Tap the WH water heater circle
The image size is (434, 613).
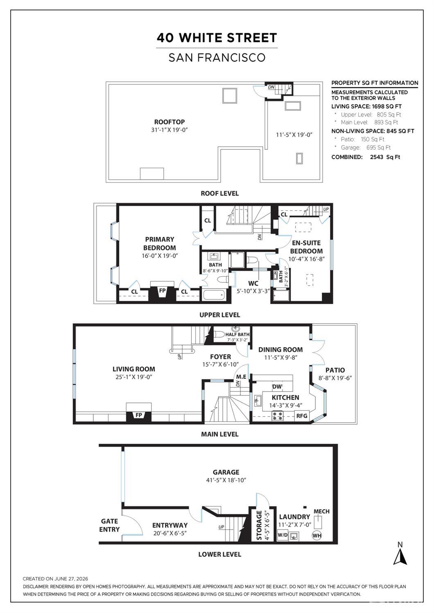coord(317,536)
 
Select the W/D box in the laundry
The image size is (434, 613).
coord(283,535)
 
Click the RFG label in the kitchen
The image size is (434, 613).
coord(302,416)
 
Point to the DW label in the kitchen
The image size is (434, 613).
coord(277,386)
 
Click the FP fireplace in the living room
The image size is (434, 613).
coord(138,415)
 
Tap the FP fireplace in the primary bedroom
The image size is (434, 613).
coord(163,291)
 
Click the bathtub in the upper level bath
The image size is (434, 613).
coord(214,295)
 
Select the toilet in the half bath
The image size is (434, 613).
coord(219,334)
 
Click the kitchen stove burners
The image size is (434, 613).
coord(277,416)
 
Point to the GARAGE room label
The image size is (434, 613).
coord(226,472)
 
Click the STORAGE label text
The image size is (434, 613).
coord(259,525)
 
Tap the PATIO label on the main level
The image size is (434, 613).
coord(335,370)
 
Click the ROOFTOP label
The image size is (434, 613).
coord(169,122)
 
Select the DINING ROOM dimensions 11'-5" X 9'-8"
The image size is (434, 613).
coord(280,357)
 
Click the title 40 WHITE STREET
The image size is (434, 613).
coord(217,38)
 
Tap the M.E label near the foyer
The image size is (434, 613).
coord(241,377)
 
